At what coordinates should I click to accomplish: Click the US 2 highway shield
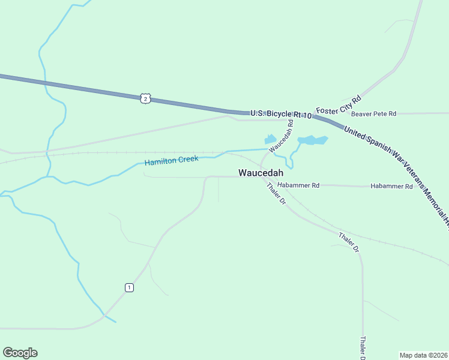point(145,98)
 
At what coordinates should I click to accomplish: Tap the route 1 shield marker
point(129,288)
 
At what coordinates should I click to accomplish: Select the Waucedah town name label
point(261,173)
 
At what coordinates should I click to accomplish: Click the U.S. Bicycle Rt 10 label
point(281,113)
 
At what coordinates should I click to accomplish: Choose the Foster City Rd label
point(339,104)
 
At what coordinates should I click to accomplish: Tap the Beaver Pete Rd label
point(373,113)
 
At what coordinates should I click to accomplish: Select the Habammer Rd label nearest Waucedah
point(298,185)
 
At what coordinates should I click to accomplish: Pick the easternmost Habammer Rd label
point(391,187)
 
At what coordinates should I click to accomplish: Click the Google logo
point(20,353)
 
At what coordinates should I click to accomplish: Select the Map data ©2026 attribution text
point(424,355)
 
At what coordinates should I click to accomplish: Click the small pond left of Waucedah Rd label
point(270,139)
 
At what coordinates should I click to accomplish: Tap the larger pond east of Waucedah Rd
point(313,140)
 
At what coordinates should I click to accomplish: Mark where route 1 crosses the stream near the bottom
point(104,314)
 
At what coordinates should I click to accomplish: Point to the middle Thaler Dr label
point(348,241)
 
